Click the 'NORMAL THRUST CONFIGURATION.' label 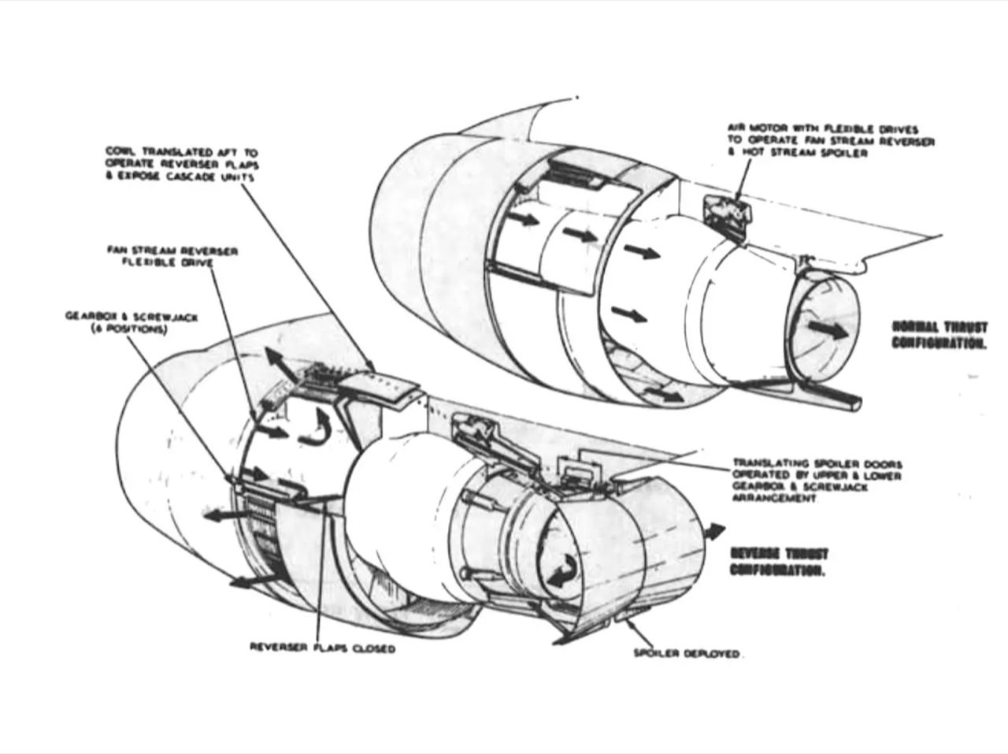point(939,335)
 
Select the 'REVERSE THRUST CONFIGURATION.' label point(779,562)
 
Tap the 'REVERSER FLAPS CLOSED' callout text point(322,648)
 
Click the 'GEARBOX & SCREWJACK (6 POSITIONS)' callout point(132,323)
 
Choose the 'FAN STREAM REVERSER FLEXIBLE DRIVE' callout point(172,257)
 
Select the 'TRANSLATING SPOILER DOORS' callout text point(817,481)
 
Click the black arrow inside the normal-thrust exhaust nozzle point(829,329)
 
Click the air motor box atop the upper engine point(726,210)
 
